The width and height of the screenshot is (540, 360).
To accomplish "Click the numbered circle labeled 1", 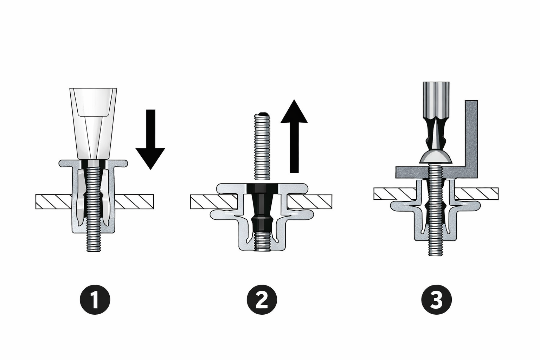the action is click(95, 300).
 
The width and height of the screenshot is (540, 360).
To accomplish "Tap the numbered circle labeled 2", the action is click(262, 300).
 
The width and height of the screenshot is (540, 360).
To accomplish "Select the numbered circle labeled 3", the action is click(436, 300).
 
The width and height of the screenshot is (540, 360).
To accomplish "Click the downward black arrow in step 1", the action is click(150, 140).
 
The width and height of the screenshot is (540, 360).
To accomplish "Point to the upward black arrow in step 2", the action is click(294, 136).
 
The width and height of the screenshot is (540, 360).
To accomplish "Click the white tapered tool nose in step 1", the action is click(93, 124).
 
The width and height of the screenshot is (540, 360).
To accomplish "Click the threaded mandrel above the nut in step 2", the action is click(262, 146).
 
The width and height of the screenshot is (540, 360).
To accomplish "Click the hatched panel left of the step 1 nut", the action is click(54, 201).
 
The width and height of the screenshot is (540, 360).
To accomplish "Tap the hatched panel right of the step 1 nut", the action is click(134, 201).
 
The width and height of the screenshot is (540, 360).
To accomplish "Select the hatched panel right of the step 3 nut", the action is click(476, 194).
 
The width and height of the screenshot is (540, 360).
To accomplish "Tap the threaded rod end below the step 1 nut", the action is click(94, 243).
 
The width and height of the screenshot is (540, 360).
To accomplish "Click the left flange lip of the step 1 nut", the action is click(66, 163).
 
